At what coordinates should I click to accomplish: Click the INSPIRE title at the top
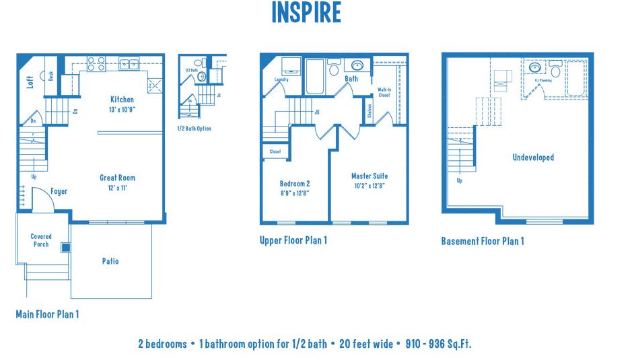click(x=306, y=13)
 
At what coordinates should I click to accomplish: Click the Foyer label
click(x=59, y=191)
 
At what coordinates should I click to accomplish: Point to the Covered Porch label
click(x=41, y=240)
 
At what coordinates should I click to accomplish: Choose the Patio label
click(x=110, y=261)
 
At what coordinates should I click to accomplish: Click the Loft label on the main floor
click(x=30, y=82)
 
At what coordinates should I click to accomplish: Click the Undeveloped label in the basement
click(x=533, y=157)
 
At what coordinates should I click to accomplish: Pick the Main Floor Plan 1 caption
click(x=47, y=314)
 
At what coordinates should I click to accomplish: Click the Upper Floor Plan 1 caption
click(x=293, y=240)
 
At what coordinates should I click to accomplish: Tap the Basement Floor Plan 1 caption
click(x=482, y=241)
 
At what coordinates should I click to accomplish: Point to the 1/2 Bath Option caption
click(x=194, y=129)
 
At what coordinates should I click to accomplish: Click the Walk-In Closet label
click(x=384, y=92)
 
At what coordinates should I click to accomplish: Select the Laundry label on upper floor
click(x=281, y=79)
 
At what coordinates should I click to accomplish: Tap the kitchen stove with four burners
click(x=96, y=64)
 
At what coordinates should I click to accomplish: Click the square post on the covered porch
click(x=65, y=248)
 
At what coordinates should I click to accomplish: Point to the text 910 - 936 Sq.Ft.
click(x=438, y=344)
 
